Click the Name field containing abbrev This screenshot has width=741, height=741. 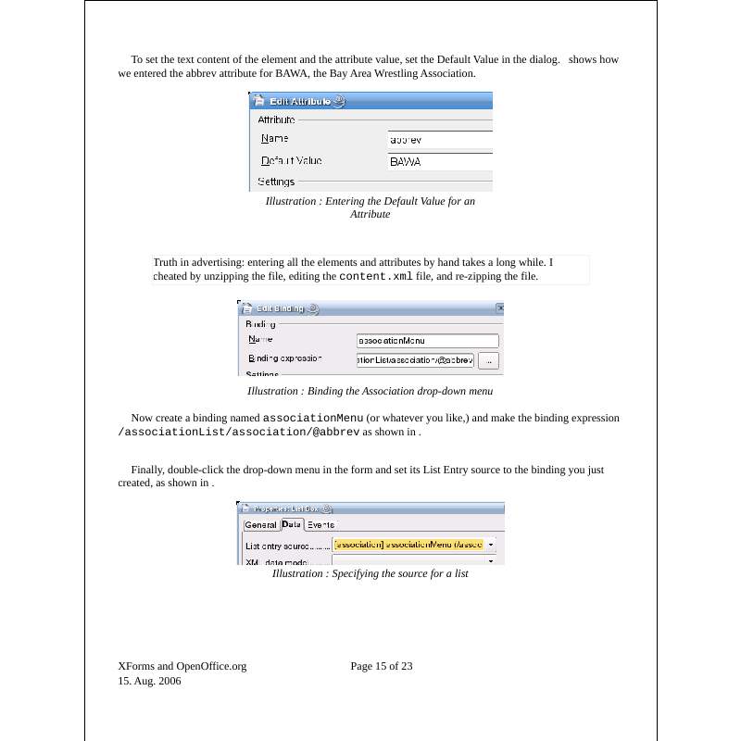click(439, 140)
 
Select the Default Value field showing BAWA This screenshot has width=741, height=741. click(439, 161)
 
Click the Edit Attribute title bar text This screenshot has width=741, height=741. click(300, 102)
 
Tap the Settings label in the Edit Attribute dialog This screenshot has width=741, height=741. click(276, 182)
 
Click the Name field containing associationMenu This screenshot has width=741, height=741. click(427, 340)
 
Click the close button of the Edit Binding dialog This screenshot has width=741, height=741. click(500, 308)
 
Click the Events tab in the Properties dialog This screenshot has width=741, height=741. click(320, 524)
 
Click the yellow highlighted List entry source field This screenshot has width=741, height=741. click(408, 545)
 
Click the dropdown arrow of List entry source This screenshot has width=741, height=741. click(491, 545)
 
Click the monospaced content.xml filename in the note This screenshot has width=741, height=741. click(376, 276)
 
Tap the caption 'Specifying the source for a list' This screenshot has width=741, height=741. click(370, 574)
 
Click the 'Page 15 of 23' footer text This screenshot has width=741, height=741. click(382, 666)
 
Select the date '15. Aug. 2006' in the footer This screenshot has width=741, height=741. click(149, 681)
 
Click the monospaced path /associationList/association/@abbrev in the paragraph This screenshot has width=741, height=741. click(238, 432)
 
